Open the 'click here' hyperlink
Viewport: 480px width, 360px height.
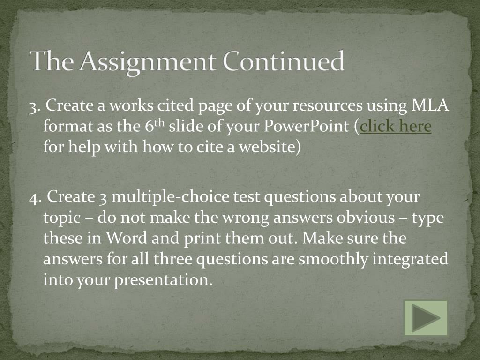[396, 127]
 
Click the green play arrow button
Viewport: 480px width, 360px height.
[426, 318]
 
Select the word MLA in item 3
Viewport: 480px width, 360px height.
[430, 106]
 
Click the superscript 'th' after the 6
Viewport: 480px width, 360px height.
[159, 123]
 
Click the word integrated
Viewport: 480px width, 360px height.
[410, 259]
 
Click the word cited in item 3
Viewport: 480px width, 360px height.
[176, 106]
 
